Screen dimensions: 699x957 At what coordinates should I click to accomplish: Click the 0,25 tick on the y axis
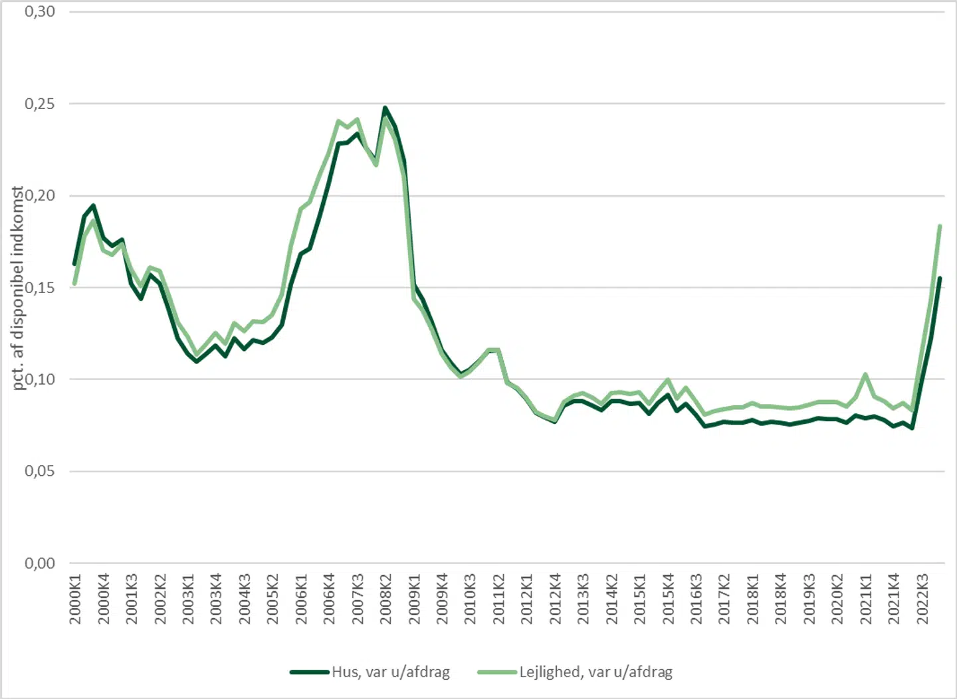point(40,104)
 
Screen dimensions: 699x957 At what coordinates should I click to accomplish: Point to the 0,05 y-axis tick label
point(40,471)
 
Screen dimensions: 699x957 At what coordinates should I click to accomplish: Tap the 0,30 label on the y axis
point(40,12)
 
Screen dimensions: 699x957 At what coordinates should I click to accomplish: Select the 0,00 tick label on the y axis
point(40,563)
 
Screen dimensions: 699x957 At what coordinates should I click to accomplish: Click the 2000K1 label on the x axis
point(75,599)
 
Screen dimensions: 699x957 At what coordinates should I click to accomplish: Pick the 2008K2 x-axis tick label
point(386,599)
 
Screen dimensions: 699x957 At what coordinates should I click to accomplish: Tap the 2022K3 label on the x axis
point(922,599)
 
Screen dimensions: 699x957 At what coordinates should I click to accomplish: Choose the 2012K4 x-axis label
point(555,599)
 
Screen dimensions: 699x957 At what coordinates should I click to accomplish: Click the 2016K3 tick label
point(696,599)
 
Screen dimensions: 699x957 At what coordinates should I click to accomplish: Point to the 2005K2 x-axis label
point(272,599)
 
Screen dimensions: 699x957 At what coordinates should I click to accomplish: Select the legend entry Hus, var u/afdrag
point(391,672)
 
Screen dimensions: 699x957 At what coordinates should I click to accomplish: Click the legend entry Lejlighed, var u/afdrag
point(595,672)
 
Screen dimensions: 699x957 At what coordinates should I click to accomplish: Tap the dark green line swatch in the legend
point(310,672)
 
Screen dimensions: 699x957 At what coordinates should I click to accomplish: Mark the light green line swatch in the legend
point(497,672)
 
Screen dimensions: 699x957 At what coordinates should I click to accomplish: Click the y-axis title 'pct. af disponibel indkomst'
point(18,288)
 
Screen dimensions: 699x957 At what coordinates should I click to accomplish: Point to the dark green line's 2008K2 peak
point(385,108)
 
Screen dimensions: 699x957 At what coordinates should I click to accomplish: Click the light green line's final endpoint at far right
point(940,226)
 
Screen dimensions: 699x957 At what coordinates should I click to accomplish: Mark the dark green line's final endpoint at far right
point(940,278)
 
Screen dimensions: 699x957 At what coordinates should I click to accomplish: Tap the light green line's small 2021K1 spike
point(865,374)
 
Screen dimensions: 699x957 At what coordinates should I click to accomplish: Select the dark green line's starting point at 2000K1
point(74,264)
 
